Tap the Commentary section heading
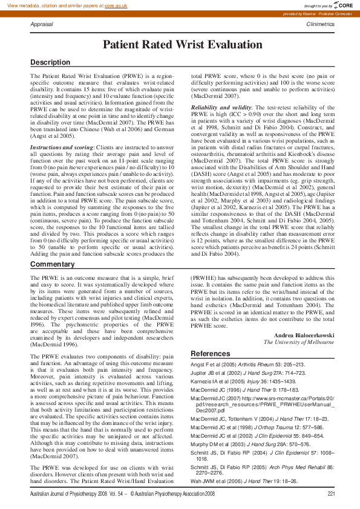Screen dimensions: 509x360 [x=53, y=265]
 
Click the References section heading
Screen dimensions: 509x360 [x=211, y=353]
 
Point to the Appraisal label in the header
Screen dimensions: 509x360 [x=42, y=24]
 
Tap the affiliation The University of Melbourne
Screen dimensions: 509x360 [x=299, y=342]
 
